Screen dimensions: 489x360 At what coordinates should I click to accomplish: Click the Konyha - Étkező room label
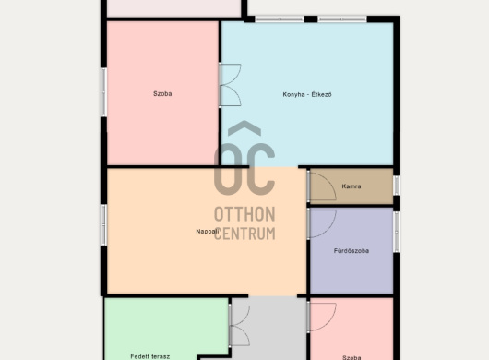tap(307, 94)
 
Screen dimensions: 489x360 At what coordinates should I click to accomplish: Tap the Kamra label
tap(352, 186)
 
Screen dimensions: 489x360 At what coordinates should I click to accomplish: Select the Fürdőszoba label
tap(352, 250)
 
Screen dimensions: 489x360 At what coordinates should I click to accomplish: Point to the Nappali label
tap(207, 232)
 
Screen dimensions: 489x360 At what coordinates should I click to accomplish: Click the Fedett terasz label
tap(150, 356)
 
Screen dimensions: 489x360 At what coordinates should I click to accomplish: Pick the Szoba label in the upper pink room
tap(162, 93)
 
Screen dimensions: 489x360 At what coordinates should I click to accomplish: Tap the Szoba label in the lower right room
tap(352, 357)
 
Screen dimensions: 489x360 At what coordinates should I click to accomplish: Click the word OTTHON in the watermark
tap(244, 214)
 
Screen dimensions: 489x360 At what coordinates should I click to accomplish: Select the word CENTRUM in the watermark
tap(244, 234)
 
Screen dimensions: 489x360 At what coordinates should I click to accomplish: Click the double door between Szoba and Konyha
tap(230, 85)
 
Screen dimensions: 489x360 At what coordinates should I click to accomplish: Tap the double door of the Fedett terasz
tap(239, 326)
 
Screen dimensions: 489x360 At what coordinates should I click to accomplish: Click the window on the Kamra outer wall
tap(396, 186)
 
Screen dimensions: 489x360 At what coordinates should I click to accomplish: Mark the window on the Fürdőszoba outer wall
tap(396, 232)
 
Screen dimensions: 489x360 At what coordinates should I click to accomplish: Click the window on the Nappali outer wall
tap(103, 224)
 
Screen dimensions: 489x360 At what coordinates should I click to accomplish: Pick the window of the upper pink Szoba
tap(103, 92)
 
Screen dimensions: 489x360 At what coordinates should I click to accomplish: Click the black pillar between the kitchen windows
tap(311, 19)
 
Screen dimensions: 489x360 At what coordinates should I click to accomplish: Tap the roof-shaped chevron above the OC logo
tap(244, 128)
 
